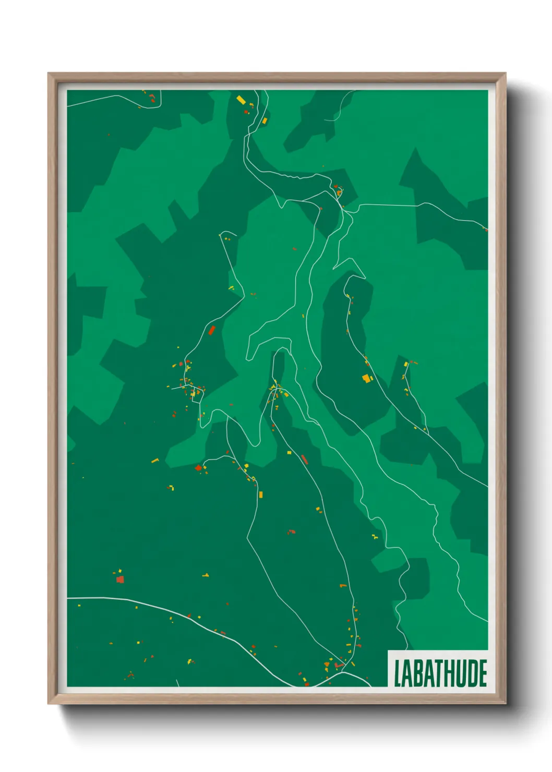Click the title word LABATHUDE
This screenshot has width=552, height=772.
440,673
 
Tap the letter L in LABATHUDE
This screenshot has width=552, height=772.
398,673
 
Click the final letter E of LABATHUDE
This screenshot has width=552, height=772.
483,673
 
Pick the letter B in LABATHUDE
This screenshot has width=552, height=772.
417,673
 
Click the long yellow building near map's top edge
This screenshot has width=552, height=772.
241,99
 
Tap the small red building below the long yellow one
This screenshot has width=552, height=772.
246,112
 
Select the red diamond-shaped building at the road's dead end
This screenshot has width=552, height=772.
198,468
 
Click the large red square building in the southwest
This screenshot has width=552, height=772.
120,579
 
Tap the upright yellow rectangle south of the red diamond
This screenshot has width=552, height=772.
261,494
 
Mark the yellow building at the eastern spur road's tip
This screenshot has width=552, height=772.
406,364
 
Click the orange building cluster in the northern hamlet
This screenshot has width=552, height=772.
338,192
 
